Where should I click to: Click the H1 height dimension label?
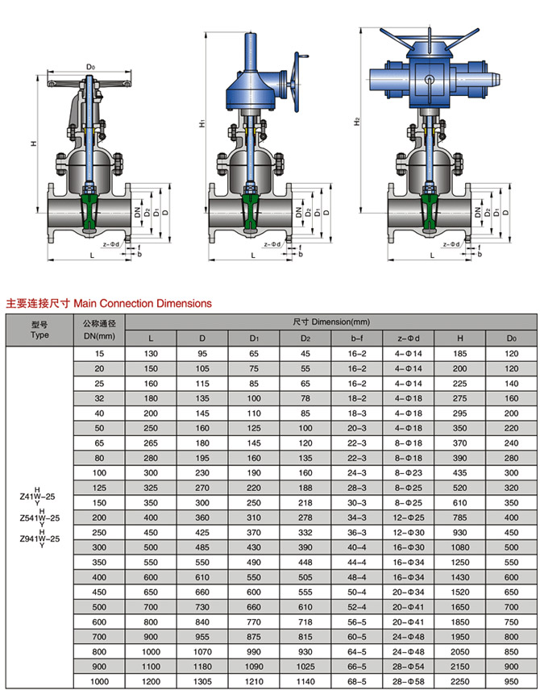click(x=201, y=123)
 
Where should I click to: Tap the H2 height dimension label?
click(x=357, y=121)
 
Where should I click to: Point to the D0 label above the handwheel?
click(x=90, y=67)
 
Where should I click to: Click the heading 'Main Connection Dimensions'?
click(x=143, y=303)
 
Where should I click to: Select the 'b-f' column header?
click(x=357, y=339)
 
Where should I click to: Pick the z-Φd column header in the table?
click(x=408, y=339)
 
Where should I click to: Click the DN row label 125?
click(x=99, y=488)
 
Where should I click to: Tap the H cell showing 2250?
click(x=460, y=682)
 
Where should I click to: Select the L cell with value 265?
click(x=151, y=443)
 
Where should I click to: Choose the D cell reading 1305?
click(x=202, y=682)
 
